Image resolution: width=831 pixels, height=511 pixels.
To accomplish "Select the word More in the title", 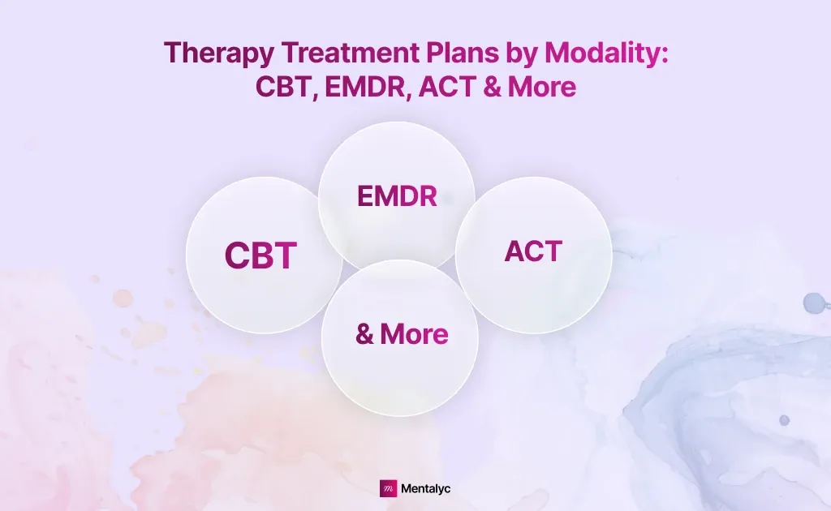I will point(542,86).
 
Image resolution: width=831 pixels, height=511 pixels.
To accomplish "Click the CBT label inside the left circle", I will point(260,255).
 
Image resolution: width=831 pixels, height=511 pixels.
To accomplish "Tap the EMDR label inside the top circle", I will point(397,196).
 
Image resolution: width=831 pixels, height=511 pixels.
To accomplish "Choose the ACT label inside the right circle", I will point(533,251).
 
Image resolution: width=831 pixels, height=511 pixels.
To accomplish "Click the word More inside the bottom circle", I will point(414,333).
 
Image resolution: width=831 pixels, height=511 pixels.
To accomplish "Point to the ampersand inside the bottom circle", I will point(365,333).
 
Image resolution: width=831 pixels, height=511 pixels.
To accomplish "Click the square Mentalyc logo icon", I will point(388,488).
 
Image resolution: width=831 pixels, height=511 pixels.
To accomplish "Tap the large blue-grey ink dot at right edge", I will point(812,303).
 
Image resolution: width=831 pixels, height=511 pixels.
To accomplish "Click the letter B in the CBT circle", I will point(261,255).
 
